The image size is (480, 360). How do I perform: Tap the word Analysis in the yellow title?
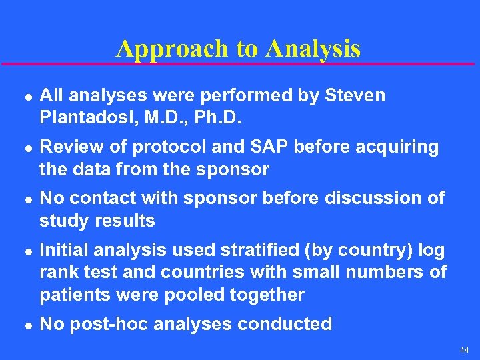click(x=313, y=49)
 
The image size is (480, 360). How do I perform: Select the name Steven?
click(x=355, y=95)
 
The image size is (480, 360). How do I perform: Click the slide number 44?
click(x=464, y=350)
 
